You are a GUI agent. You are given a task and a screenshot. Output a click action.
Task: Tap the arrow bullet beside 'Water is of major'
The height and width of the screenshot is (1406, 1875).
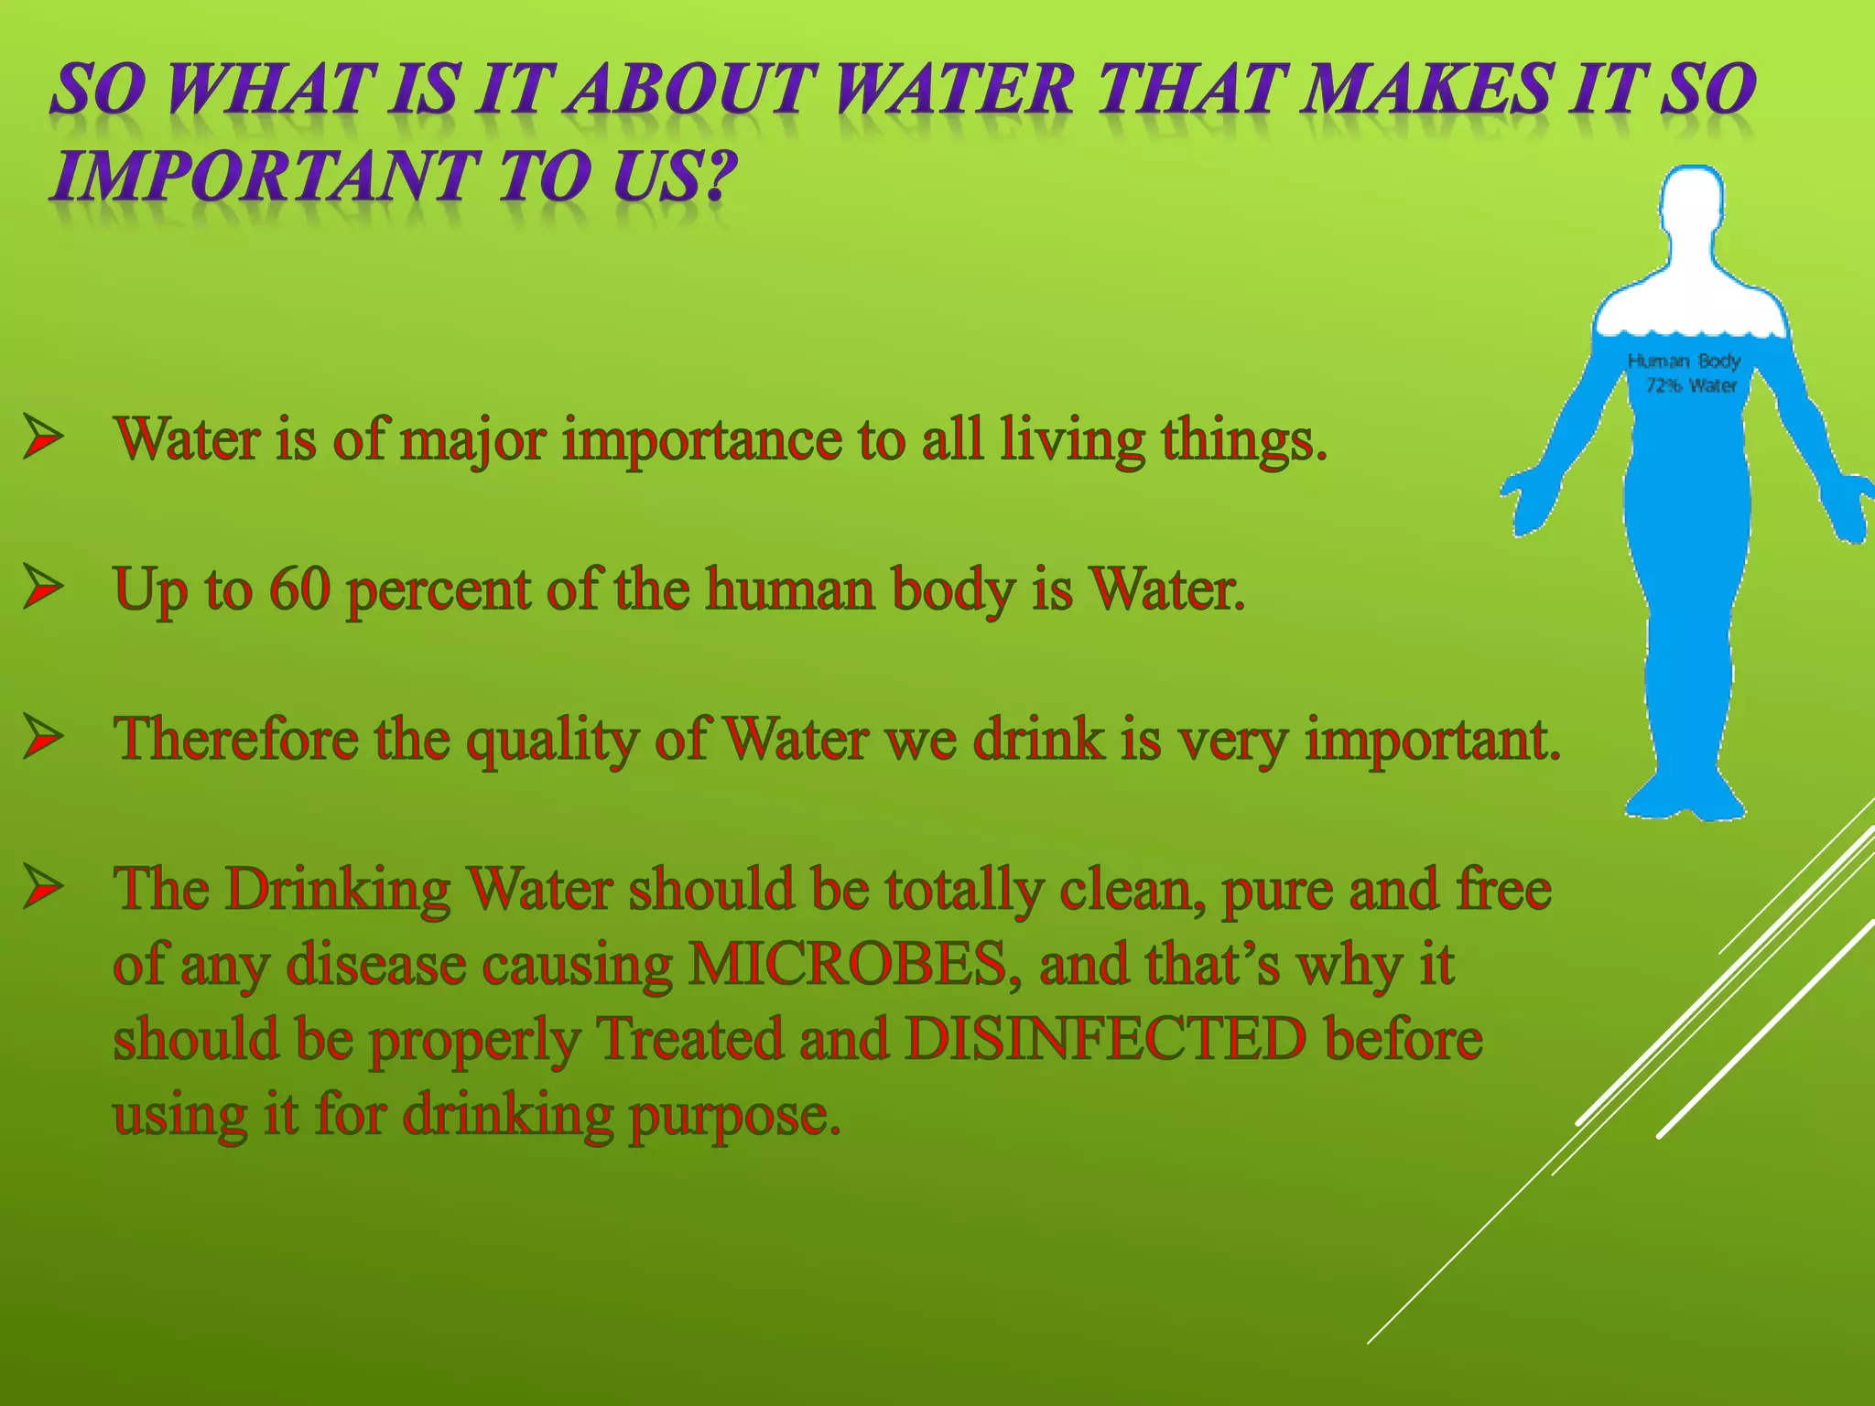click(x=43, y=437)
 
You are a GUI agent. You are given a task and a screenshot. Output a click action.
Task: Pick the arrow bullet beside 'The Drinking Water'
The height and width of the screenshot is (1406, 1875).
click(x=43, y=887)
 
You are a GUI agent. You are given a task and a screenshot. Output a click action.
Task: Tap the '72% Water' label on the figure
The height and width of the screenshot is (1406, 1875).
click(x=1691, y=385)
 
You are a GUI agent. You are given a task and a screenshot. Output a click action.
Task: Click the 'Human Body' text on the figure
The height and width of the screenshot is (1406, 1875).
click(x=1684, y=361)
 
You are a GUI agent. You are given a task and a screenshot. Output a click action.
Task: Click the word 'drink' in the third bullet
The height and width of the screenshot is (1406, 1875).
click(x=1039, y=739)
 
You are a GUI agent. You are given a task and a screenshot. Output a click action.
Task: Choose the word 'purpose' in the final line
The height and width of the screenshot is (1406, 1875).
click(x=732, y=1118)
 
